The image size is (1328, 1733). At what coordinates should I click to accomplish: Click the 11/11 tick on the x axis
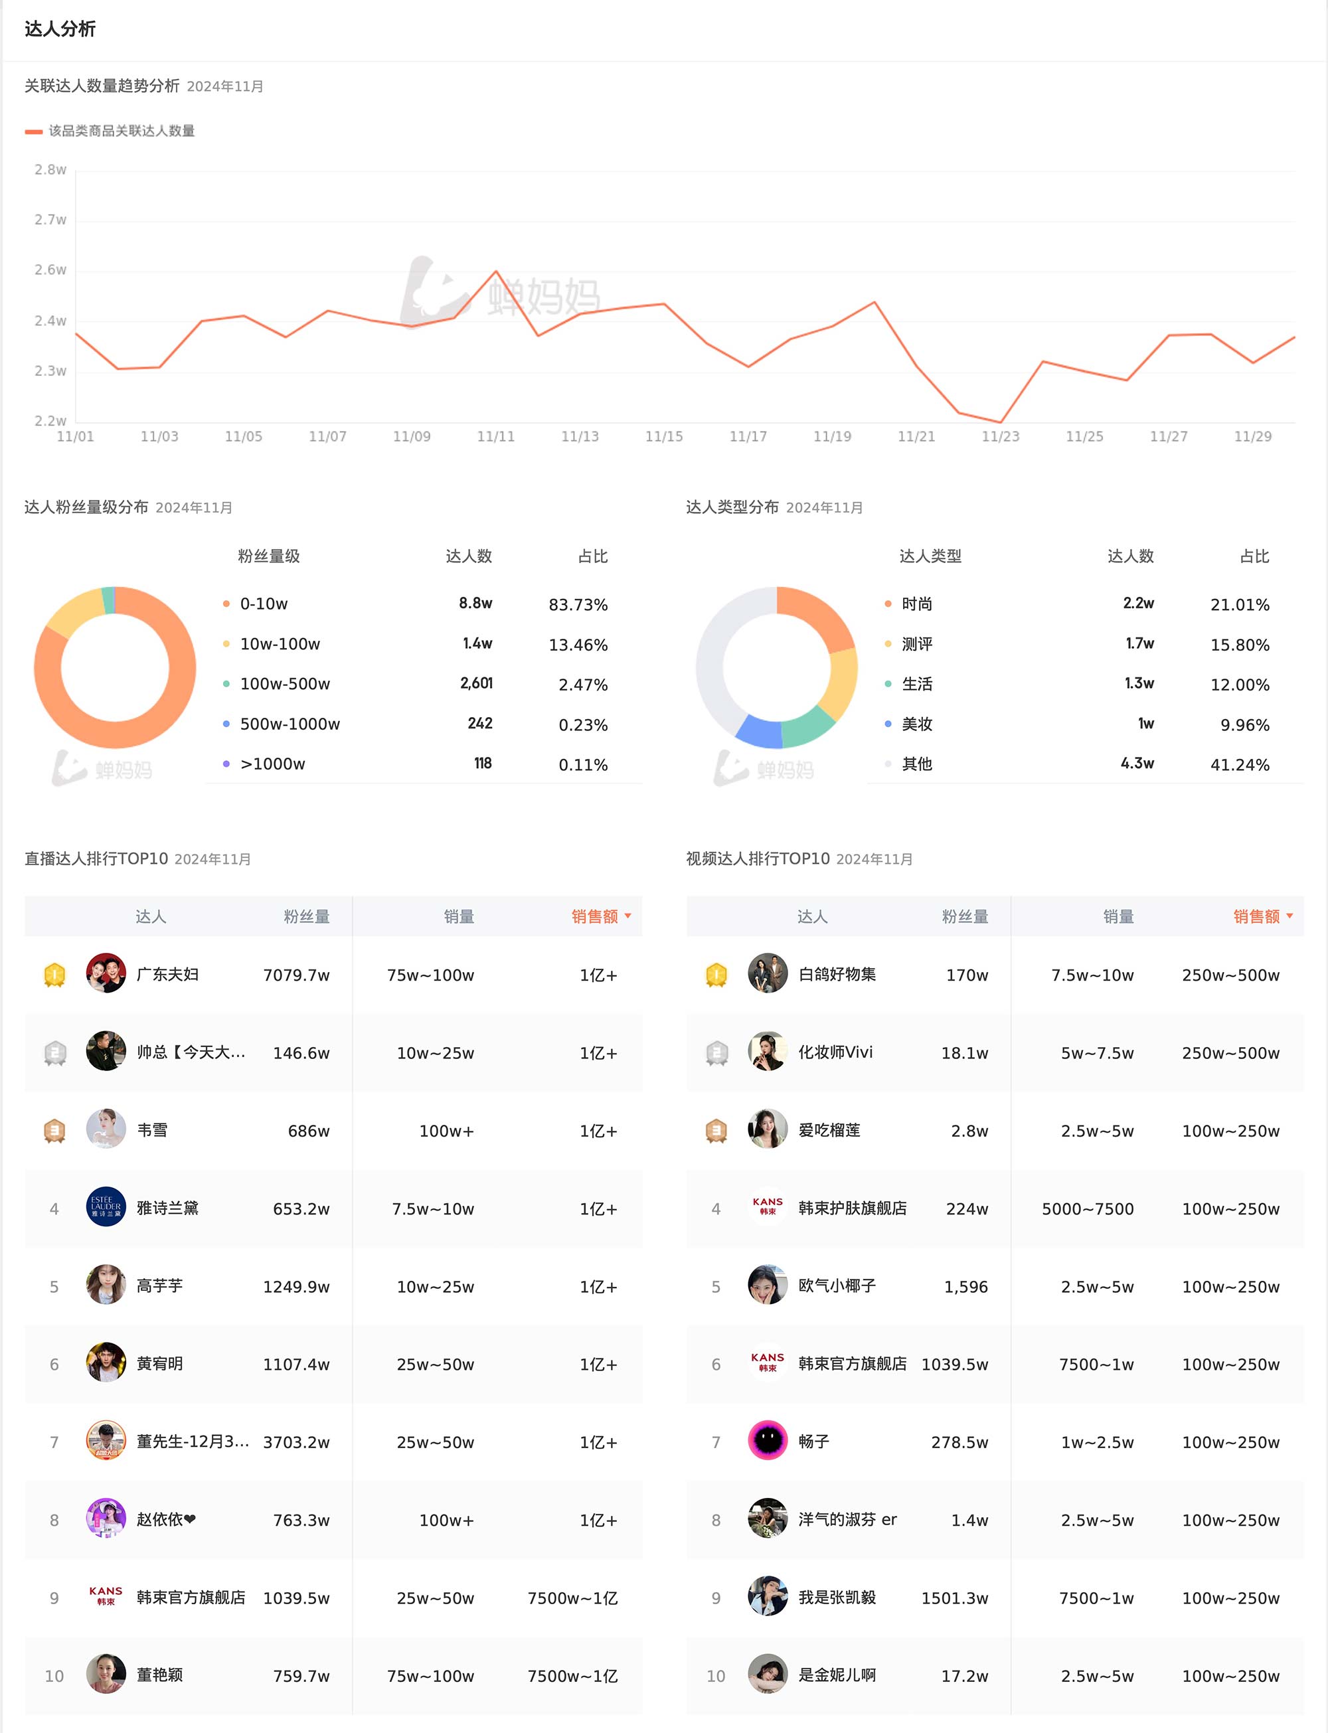495,436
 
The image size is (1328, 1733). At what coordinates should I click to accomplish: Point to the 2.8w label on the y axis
50,170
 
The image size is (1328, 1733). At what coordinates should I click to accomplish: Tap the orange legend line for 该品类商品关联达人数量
33,132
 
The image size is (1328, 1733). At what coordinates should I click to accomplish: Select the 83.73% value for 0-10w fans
578,604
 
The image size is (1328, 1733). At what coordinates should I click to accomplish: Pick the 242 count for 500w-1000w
480,723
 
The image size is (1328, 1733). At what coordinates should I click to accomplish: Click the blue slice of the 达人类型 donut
759,731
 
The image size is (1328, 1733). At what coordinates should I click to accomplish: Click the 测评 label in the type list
917,644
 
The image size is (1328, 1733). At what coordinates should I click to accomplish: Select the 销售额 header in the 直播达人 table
594,917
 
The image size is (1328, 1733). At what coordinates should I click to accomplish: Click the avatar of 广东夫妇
106,973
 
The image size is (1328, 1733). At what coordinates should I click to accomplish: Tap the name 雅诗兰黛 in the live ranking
167,1208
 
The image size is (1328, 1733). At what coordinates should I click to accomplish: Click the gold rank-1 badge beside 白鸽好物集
716,974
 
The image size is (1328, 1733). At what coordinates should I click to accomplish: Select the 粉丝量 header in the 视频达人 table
964,917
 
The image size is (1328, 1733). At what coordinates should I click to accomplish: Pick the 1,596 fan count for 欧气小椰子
965,1287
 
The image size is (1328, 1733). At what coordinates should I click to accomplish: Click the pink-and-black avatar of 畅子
768,1441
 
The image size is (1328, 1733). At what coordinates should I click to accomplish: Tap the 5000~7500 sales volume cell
1087,1209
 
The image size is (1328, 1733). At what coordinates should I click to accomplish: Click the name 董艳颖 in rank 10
159,1675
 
